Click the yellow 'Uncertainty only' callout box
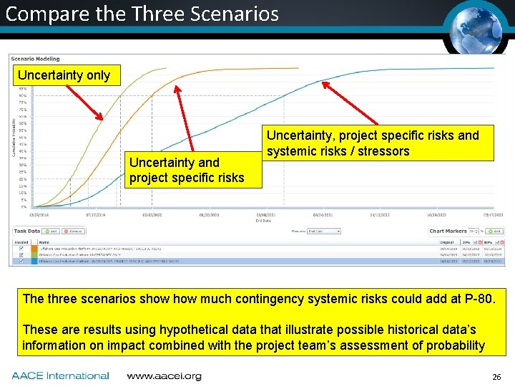coord(64,75)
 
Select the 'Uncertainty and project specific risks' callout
coord(187,170)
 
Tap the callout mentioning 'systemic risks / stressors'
coord(373,143)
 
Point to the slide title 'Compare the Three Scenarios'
coord(142,14)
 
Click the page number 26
coord(496,377)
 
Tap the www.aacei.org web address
coord(164,376)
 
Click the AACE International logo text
coord(61,376)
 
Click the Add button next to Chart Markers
coord(496,231)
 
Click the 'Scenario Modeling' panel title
coord(36,59)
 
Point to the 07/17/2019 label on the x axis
coord(97,214)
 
